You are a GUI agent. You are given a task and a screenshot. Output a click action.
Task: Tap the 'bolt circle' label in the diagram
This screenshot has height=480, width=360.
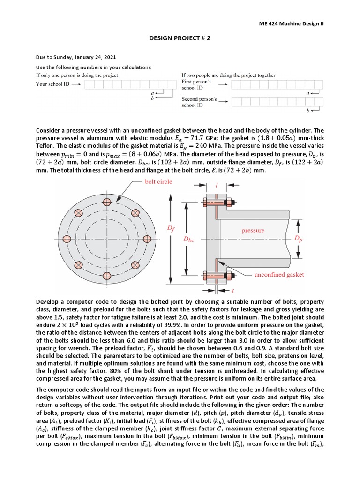coord(158,181)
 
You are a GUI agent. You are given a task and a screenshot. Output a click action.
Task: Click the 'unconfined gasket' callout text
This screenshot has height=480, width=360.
coord(279,274)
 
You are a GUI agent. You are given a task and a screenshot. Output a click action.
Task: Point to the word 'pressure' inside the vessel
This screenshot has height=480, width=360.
coord(253,230)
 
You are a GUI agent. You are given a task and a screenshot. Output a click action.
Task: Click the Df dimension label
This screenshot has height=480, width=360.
coord(169,227)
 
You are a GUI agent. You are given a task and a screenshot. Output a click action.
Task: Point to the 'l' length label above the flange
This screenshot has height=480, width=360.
coord(217,186)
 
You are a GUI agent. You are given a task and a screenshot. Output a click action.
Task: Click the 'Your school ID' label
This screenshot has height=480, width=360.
coord(52,84)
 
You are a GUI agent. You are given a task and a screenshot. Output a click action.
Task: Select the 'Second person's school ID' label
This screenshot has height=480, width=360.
coord(199,102)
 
